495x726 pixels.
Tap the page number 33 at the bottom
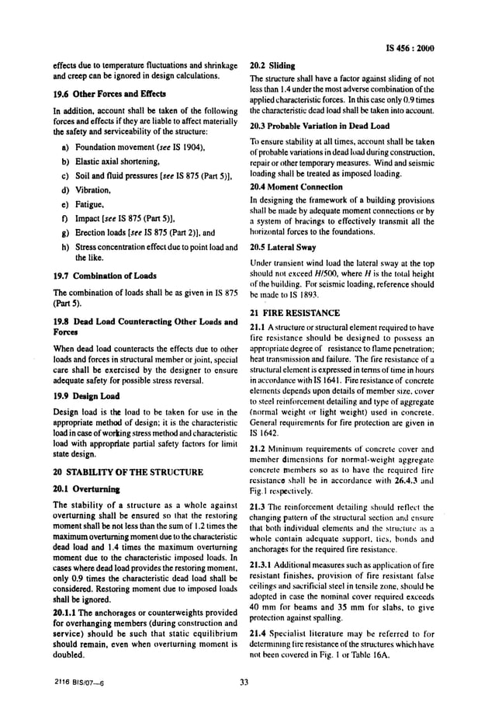pos(247,683)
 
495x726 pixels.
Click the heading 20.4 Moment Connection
pos(296,186)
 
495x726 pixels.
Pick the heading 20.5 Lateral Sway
pos(285,248)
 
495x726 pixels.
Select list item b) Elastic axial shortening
pos(109,161)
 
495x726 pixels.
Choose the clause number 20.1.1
pos(66,613)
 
